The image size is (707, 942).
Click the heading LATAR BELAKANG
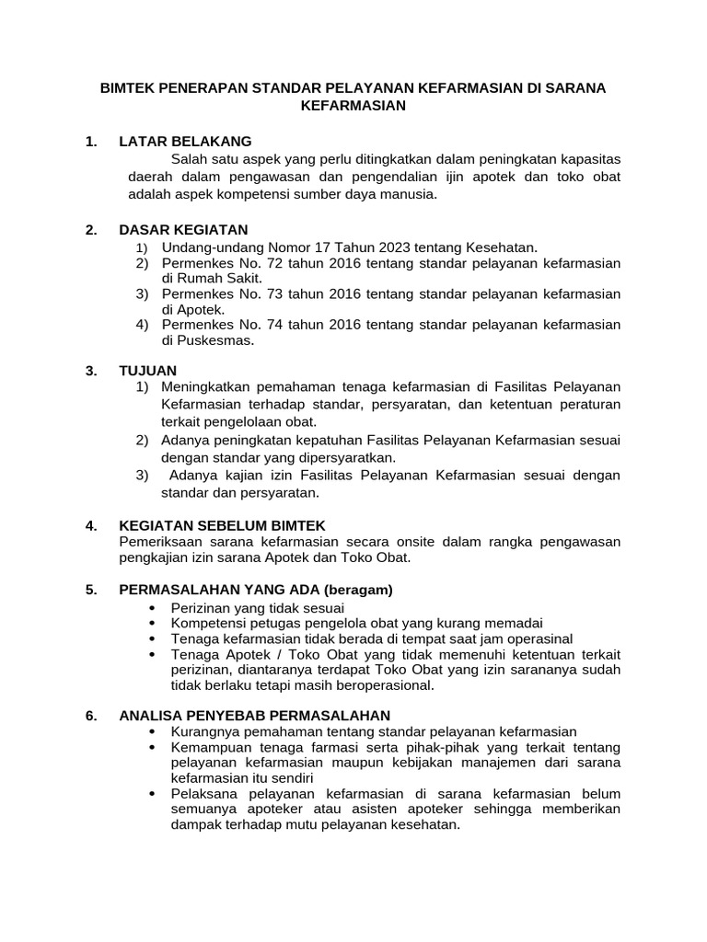click(185, 141)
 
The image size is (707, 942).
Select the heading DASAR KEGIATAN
click(183, 229)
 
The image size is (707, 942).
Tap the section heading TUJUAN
click(147, 370)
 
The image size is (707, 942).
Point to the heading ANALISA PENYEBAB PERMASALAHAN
click(255, 715)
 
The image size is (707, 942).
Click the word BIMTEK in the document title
click(129, 88)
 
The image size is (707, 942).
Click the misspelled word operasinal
click(539, 638)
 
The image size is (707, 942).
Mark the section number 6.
click(90, 715)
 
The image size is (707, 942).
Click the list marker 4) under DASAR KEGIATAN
click(142, 325)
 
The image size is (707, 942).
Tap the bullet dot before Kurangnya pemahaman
click(150, 731)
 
